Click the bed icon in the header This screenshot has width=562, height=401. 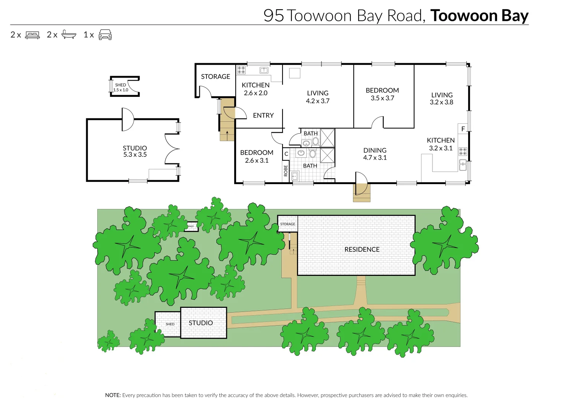click(32, 35)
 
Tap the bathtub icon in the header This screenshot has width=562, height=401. click(69, 35)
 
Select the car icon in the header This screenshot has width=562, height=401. click(105, 35)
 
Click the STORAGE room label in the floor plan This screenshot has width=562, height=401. click(215, 76)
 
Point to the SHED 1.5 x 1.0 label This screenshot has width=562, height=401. click(121, 87)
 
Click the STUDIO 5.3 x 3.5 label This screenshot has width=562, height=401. click(135, 151)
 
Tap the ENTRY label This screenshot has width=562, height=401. click(263, 115)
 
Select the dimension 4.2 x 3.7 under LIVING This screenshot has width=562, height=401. click(317, 101)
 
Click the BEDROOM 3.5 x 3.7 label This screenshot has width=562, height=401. click(382, 94)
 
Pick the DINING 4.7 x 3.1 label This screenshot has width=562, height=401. click(375, 154)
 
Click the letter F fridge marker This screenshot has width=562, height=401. click(463, 129)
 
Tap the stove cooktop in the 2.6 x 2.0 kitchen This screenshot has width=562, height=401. click(241, 70)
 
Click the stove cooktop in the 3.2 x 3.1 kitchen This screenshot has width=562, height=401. click(463, 151)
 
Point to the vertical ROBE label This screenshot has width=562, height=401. click(285, 170)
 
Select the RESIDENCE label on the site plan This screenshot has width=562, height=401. click(362, 250)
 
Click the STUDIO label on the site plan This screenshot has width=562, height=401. click(200, 323)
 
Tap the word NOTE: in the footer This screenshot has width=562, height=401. click(113, 395)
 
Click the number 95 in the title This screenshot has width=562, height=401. click(274, 16)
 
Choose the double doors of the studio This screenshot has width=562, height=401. click(172, 149)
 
